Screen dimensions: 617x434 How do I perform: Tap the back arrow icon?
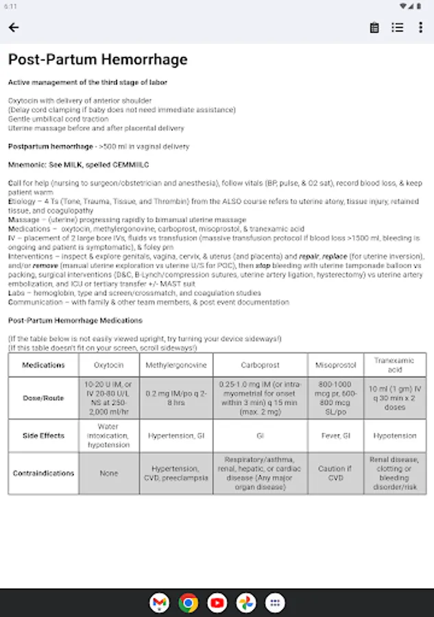point(14,27)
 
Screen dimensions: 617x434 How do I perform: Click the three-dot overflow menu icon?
point(420,27)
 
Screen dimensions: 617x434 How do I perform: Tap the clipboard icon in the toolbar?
point(374,27)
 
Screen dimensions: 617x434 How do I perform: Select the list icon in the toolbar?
point(398,27)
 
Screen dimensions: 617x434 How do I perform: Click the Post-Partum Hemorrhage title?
point(97,60)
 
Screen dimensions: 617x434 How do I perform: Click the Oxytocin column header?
point(108,365)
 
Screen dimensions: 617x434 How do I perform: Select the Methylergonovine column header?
point(176,365)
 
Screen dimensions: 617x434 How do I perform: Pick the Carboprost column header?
point(260,365)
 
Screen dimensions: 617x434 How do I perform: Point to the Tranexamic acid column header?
point(394,365)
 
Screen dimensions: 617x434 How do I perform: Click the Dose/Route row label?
point(43,398)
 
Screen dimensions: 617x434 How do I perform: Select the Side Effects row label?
point(43,435)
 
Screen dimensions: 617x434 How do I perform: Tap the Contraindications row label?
point(43,473)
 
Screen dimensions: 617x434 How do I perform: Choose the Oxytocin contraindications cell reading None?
point(108,473)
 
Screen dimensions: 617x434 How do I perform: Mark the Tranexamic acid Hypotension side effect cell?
point(394,435)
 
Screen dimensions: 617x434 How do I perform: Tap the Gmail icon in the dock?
point(159,603)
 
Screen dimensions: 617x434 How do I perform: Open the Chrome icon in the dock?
point(188,603)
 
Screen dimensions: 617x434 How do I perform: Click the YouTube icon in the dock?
point(217,603)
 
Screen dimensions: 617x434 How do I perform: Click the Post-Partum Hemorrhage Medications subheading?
point(75,320)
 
